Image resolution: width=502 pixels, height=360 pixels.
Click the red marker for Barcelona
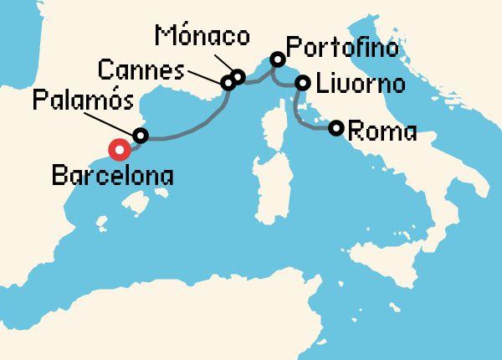[120, 151]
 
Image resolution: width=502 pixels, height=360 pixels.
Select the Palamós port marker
[141, 136]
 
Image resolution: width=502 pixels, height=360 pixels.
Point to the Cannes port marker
[227, 83]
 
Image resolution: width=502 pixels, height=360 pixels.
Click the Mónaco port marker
[238, 78]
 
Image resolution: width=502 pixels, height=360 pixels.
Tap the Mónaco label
[202, 37]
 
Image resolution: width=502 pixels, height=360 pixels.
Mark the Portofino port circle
[277, 60]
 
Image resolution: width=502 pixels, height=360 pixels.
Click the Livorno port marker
[303, 84]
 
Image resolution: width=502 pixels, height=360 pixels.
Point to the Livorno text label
[361, 85]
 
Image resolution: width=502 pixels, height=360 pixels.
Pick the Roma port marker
[336, 128]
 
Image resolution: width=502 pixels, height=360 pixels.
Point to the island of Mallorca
[132, 201]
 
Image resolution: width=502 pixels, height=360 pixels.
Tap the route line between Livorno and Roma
[305, 121]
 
